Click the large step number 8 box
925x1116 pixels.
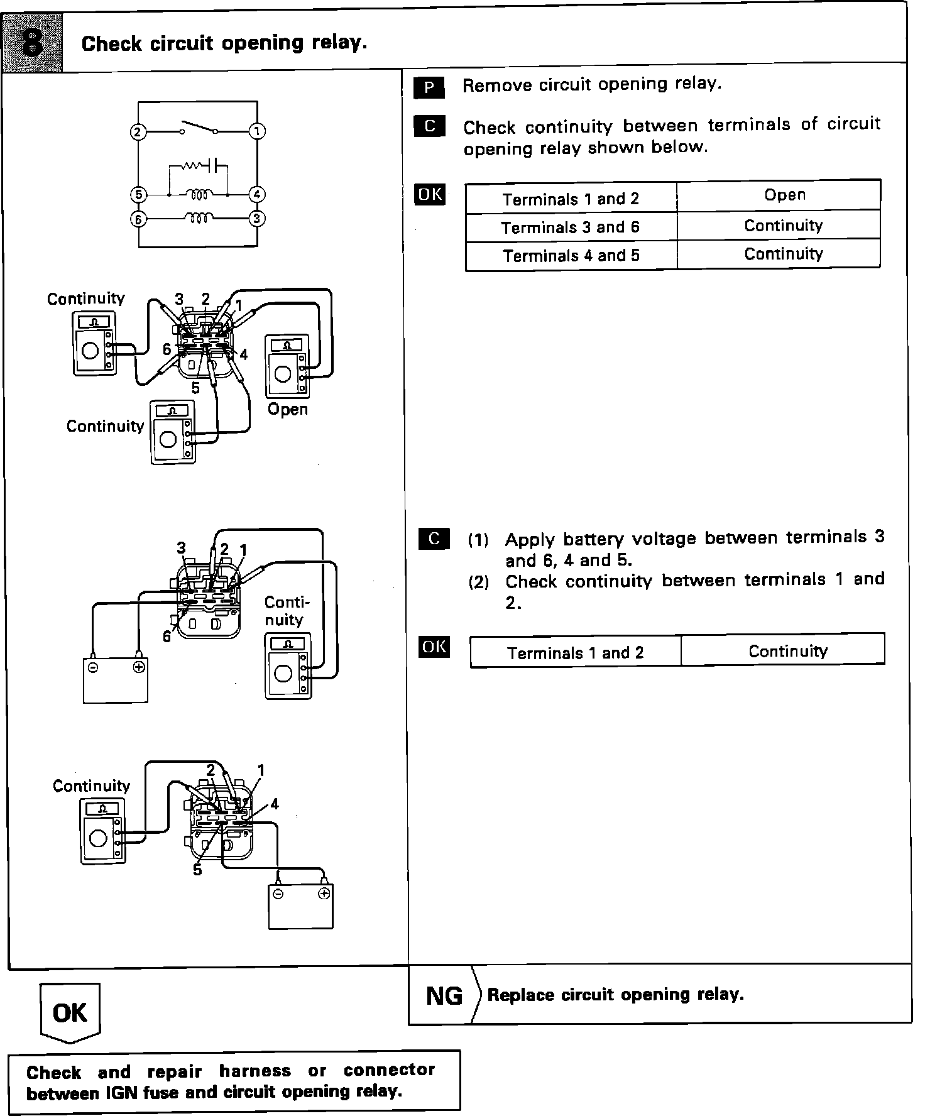coord(33,43)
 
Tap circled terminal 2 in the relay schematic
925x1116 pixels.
coord(138,132)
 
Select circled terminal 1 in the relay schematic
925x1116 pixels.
coord(258,131)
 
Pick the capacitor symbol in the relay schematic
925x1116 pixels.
coord(217,167)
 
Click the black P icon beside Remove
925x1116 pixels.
coord(429,87)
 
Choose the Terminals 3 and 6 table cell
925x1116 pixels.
coord(571,227)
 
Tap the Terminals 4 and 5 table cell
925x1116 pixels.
coord(571,255)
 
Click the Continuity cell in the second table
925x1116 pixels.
coord(787,651)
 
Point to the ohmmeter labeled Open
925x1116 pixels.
coord(287,366)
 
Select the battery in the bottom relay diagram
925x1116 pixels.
coord(300,906)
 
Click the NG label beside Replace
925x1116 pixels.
coord(444,995)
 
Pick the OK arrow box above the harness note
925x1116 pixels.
coord(70,1012)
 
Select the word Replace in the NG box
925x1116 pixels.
coord(519,995)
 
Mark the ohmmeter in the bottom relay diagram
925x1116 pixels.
coord(102,831)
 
